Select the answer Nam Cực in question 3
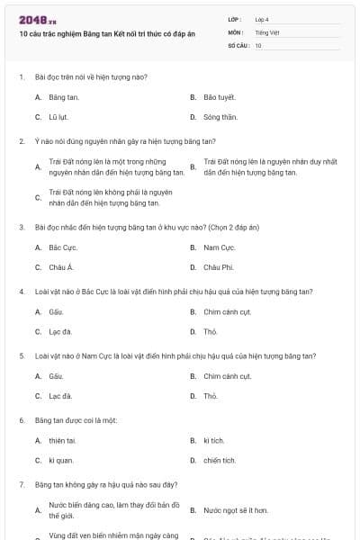click(x=219, y=247)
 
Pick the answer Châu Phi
click(x=218, y=267)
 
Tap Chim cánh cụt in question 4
click(x=227, y=311)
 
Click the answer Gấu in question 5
click(x=56, y=376)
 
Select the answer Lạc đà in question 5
click(x=60, y=396)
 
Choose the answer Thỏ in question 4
click(x=211, y=332)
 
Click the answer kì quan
click(x=60, y=461)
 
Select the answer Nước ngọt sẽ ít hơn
click(x=236, y=510)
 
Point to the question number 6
click(x=22, y=420)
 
